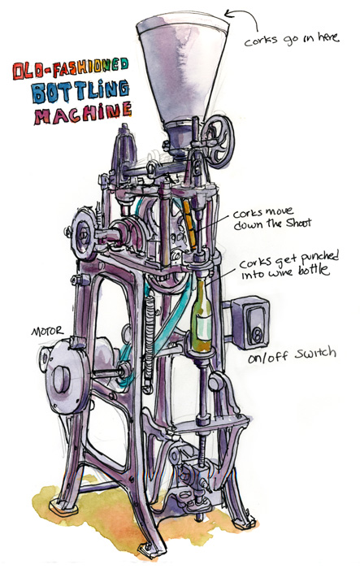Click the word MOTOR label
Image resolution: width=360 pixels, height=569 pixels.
pos(47,332)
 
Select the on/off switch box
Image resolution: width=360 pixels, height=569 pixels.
pos(251,322)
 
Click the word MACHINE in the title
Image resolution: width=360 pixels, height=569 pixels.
pos(83,113)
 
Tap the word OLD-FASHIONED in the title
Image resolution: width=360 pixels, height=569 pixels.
pos(71,68)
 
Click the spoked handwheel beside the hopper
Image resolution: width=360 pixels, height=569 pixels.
pos(217,141)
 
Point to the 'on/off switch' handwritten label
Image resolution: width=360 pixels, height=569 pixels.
pos(292,355)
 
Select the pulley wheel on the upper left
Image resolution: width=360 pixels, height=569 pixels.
pos(84,232)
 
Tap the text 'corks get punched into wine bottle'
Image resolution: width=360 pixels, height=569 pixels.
pos(288,264)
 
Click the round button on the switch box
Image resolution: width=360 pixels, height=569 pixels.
pos(258,332)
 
